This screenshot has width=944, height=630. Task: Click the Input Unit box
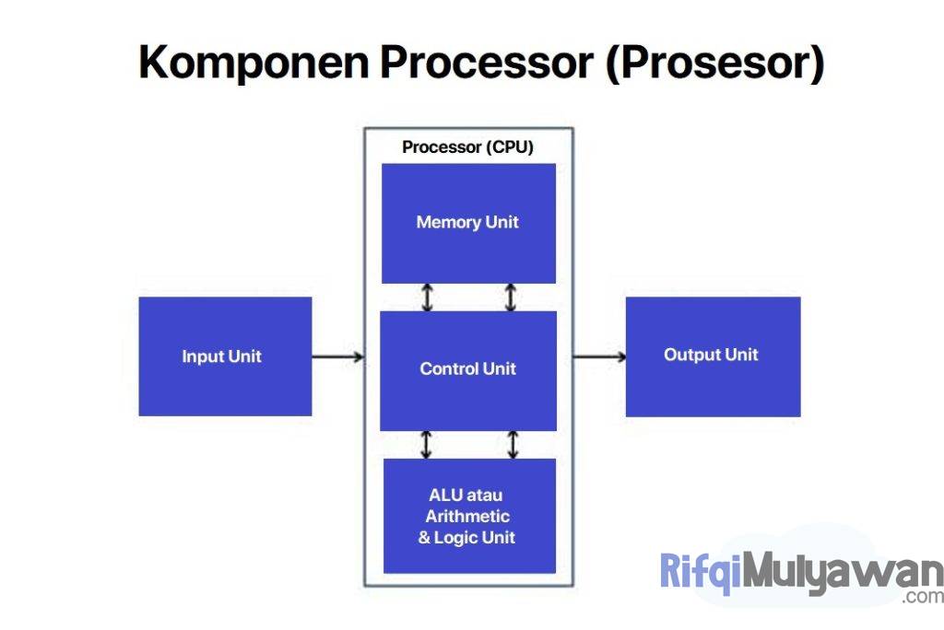click(225, 356)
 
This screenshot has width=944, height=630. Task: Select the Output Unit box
click(713, 356)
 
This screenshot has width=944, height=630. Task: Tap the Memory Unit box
click(468, 223)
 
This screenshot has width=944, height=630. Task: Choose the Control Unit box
click(468, 369)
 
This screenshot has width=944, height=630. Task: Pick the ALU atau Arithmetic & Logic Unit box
click(469, 516)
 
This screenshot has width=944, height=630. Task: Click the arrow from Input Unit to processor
click(337, 356)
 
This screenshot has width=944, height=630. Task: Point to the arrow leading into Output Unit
click(598, 356)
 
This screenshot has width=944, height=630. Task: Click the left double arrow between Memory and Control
click(426, 297)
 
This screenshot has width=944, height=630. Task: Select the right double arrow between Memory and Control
click(511, 297)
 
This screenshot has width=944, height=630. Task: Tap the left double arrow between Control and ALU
click(426, 444)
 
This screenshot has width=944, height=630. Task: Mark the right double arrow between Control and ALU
click(513, 444)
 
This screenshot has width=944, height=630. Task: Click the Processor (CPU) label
click(467, 147)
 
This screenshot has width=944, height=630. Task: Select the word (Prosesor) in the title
click(714, 63)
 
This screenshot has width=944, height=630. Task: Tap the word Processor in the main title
click(487, 63)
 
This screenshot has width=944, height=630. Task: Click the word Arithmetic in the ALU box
click(467, 517)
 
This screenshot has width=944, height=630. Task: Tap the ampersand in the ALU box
click(425, 538)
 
